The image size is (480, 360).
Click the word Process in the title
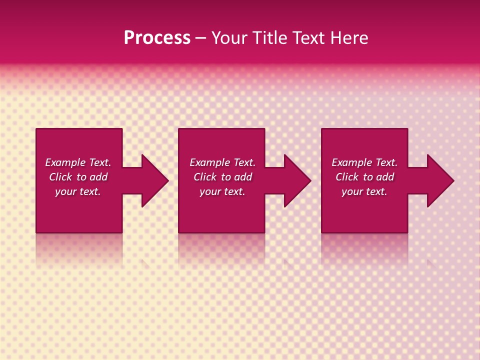pyautogui.click(x=157, y=38)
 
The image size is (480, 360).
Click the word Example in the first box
pyautogui.click(x=65, y=162)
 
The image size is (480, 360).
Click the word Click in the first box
pyautogui.click(x=60, y=177)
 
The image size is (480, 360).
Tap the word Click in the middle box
pyautogui.click(x=205, y=177)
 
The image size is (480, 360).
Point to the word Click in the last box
pyautogui.click(x=347, y=177)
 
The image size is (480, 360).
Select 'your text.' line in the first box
pyautogui.click(x=78, y=191)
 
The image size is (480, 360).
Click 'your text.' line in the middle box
pyautogui.click(x=222, y=191)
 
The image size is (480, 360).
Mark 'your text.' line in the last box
pyautogui.click(x=364, y=191)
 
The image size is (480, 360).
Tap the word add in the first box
pyautogui.click(x=98, y=177)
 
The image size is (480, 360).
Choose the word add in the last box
pyautogui.click(x=385, y=177)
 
